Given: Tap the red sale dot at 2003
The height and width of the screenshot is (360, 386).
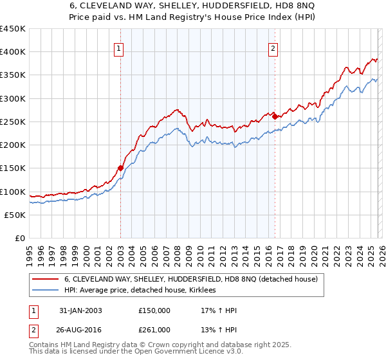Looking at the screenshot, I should [120, 168].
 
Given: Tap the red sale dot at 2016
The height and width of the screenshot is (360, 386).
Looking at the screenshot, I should [275, 116].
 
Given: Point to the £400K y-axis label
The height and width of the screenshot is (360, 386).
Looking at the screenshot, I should [13, 52].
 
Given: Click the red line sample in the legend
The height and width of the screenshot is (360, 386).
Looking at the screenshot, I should [46, 280].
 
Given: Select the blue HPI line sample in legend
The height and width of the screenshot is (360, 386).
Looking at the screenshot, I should [46, 291].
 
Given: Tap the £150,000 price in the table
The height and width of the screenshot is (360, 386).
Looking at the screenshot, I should [154, 310].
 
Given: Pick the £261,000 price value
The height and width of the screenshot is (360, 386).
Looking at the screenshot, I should [154, 329].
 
